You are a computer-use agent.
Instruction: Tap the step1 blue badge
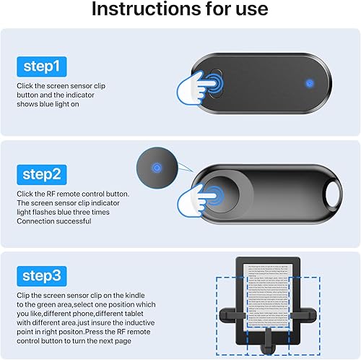[43, 67]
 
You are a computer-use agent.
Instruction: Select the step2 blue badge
[43, 173]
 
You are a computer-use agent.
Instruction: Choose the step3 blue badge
[43, 276]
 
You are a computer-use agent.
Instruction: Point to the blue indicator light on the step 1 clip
[309, 82]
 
